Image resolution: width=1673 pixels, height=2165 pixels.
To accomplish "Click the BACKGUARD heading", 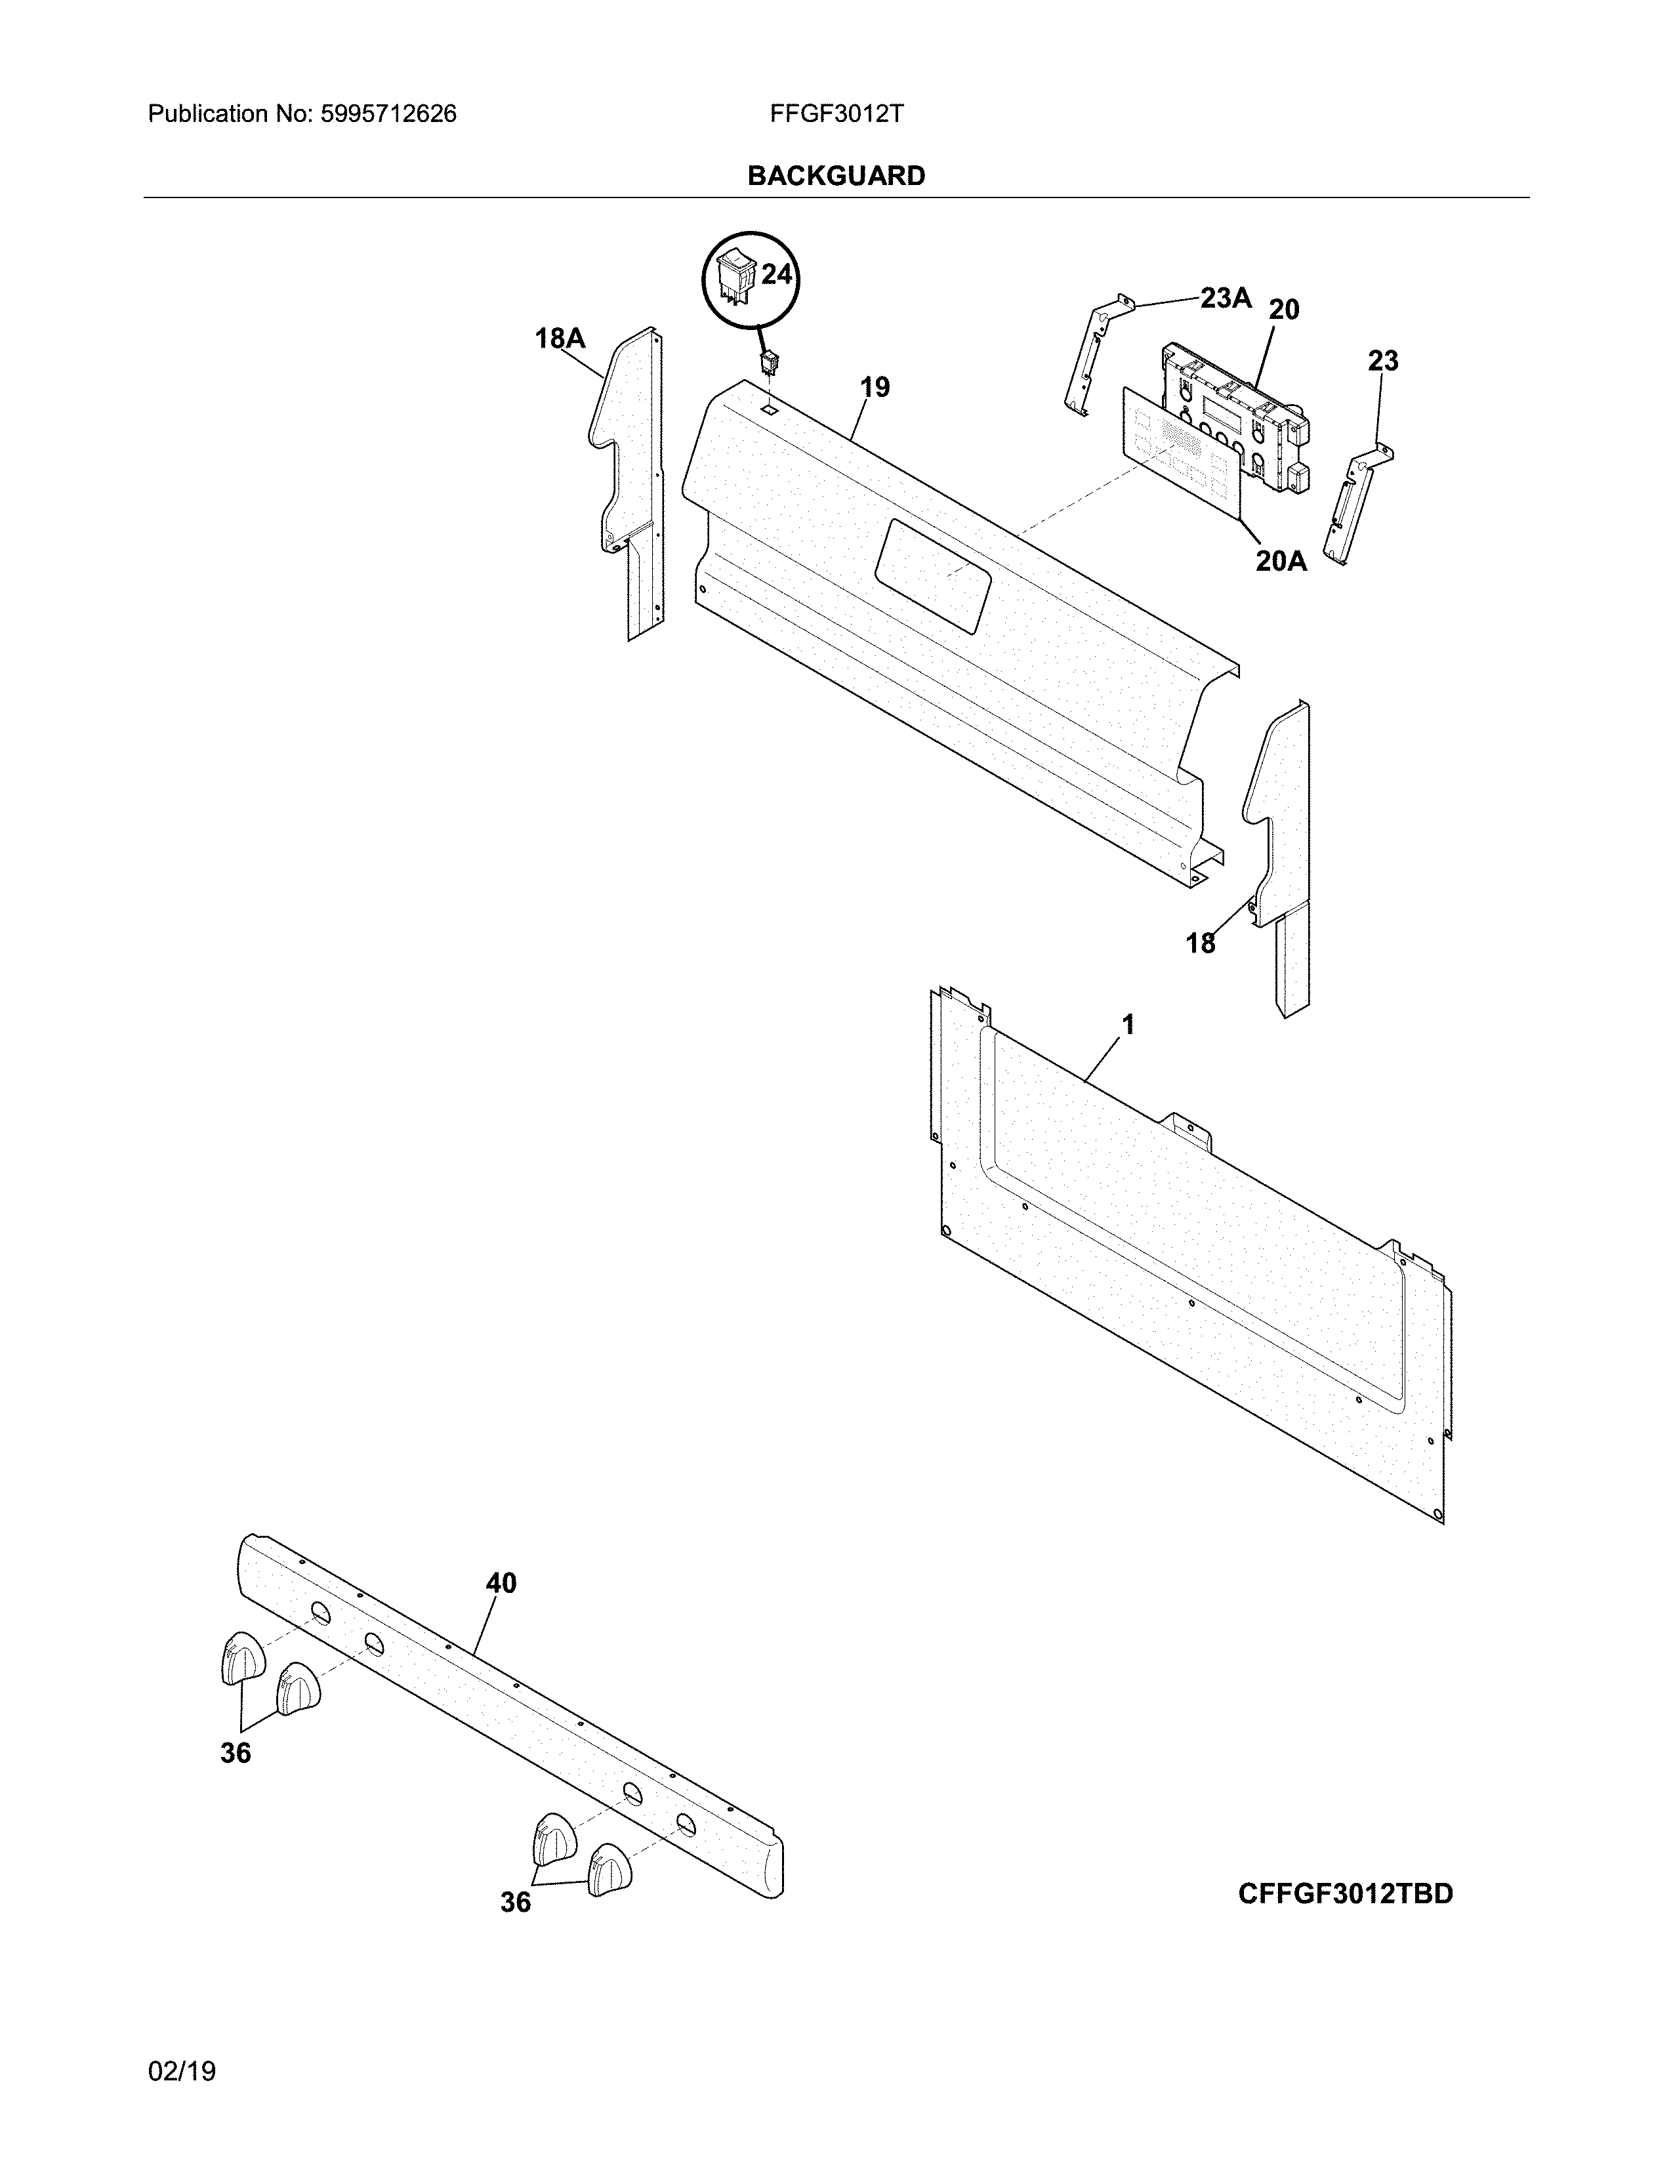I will [835, 176].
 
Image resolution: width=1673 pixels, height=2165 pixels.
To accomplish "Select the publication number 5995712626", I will [388, 114].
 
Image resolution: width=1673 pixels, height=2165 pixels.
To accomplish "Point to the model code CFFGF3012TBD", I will [1345, 1893].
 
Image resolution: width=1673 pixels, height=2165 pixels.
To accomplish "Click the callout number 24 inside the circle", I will [776, 275].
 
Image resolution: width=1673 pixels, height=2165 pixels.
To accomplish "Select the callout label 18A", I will [560, 339].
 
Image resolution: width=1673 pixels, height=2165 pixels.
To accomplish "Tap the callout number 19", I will [874, 386].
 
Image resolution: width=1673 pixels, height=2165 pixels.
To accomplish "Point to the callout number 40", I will [501, 1583].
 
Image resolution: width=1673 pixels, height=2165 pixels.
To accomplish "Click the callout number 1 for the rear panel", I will [1128, 1024].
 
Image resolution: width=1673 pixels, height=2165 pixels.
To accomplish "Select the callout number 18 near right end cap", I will [1200, 943].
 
